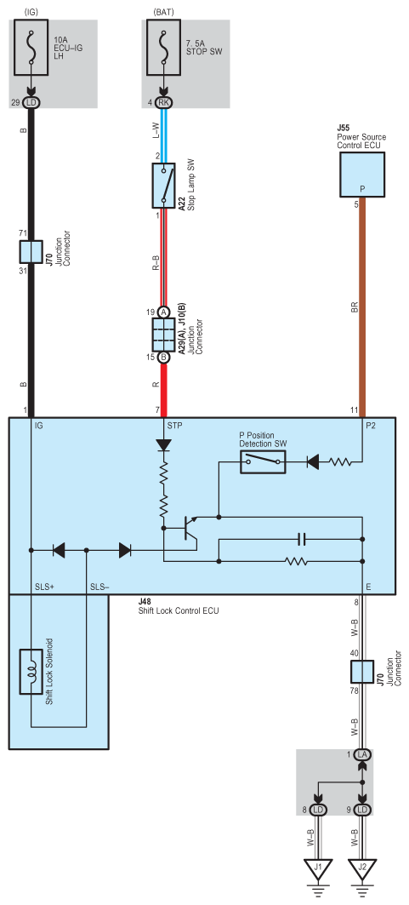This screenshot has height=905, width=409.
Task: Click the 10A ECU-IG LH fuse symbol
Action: [x=31, y=48]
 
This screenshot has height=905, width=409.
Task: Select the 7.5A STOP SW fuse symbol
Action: [x=163, y=48]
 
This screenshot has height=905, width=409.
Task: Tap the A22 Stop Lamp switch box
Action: [x=163, y=185]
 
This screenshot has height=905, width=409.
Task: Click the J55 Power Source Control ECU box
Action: [x=361, y=175]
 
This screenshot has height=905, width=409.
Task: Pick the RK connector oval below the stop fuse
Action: [x=163, y=102]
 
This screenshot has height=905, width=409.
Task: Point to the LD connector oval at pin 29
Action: [x=31, y=102]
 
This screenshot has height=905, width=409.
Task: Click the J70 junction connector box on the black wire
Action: [x=31, y=252]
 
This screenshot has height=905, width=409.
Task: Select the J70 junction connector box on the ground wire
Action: [x=361, y=673]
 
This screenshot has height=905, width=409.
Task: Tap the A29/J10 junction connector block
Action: [x=163, y=335]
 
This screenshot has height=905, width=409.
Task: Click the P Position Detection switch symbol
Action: [x=263, y=461]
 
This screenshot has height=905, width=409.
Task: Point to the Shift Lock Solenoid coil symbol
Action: [x=31, y=672]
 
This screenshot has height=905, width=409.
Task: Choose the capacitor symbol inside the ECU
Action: [x=302, y=541]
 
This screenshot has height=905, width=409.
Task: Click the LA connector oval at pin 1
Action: [x=361, y=755]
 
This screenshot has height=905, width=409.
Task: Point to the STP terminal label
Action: [x=175, y=426]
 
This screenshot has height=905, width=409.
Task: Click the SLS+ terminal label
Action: [x=44, y=587]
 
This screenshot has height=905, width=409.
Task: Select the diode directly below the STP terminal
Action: [x=163, y=445]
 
